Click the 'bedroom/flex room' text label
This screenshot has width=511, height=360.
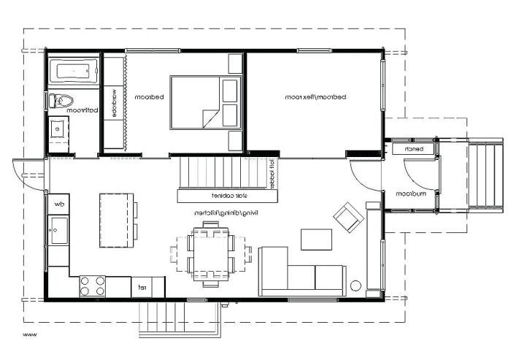pos(315,96)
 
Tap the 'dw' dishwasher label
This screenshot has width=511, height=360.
pos(58,204)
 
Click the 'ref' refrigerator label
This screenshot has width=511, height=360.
pos(142,287)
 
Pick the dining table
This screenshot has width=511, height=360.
pos(210,252)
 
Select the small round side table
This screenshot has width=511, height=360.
pos(357,286)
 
